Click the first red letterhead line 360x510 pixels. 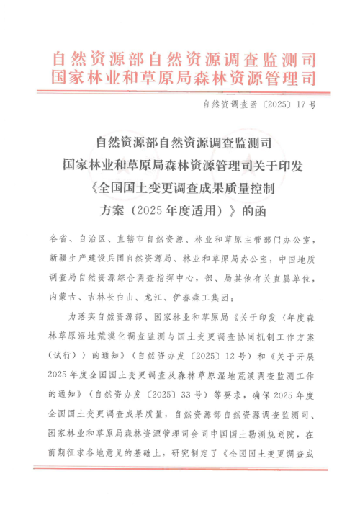pyautogui.click(x=180, y=58)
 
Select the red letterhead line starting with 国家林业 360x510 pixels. pyautogui.click(x=180, y=77)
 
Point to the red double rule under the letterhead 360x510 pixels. pyautogui.click(x=180, y=91)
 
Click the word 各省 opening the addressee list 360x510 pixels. pyautogui.click(x=57, y=239)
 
